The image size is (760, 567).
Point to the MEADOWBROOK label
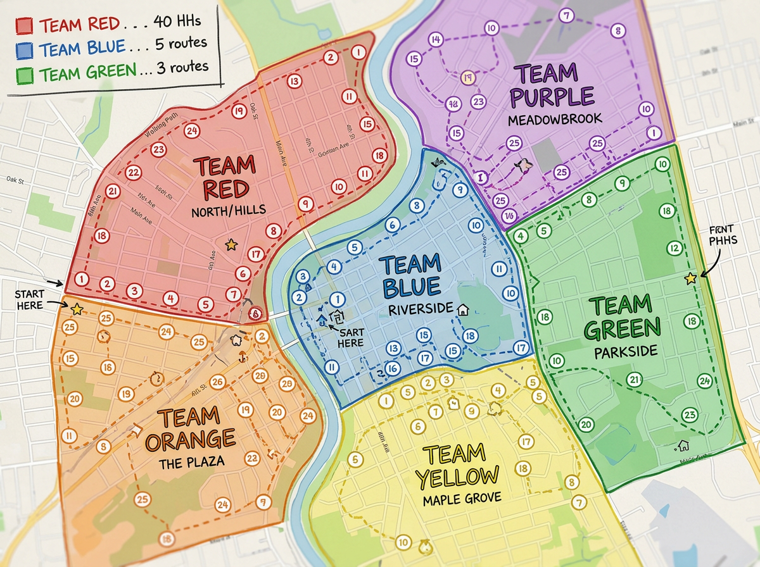pyautogui.click(x=555, y=118)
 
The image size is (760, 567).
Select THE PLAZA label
pyautogui.click(x=191, y=461)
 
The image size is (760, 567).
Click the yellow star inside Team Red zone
pyautogui.click(x=231, y=244)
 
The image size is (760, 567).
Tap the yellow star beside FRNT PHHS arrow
pyautogui.click(x=690, y=278)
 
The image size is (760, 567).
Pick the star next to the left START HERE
pyautogui.click(x=77, y=309)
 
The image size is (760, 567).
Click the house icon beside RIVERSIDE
pyautogui.click(x=463, y=309)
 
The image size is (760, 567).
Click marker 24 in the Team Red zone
pyautogui.click(x=192, y=131)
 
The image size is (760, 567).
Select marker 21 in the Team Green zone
pyautogui.click(x=634, y=380)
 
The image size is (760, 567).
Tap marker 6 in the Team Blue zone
pyautogui.click(x=392, y=225)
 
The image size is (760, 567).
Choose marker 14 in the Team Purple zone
pyautogui.click(x=435, y=40)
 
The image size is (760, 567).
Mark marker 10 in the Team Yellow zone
pyautogui.click(x=403, y=542)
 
